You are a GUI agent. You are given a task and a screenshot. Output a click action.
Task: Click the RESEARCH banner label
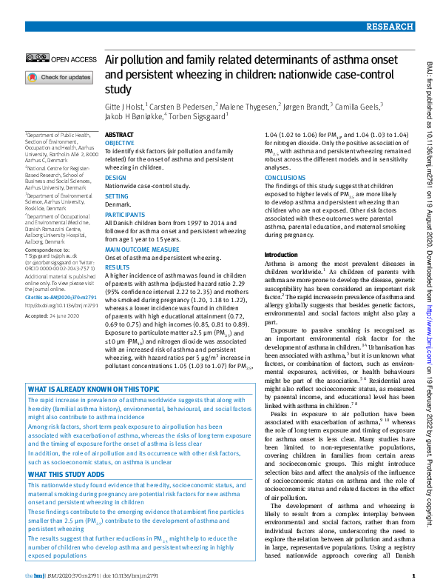pyautogui.click(x=388, y=27)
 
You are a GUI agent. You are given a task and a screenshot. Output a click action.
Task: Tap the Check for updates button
pyautogui.click(x=60, y=77)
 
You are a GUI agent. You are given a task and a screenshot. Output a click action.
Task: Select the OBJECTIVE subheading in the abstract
pyautogui.click(x=120, y=142)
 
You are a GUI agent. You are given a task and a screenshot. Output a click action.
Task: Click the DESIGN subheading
pyautogui.click(x=115, y=178)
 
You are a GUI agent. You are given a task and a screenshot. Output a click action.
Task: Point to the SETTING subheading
pyautogui.click(x=117, y=196)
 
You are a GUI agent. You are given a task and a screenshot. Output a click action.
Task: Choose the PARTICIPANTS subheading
pyautogui.click(x=124, y=214)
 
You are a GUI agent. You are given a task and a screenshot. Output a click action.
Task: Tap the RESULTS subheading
pyautogui.click(x=117, y=267)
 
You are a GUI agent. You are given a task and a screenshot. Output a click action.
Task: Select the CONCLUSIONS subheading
pyautogui.click(x=285, y=178)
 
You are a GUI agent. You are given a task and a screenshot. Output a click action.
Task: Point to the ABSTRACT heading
pyautogui.click(x=120, y=135)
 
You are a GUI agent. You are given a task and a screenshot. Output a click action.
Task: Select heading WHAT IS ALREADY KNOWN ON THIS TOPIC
pyautogui.click(x=93, y=390)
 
